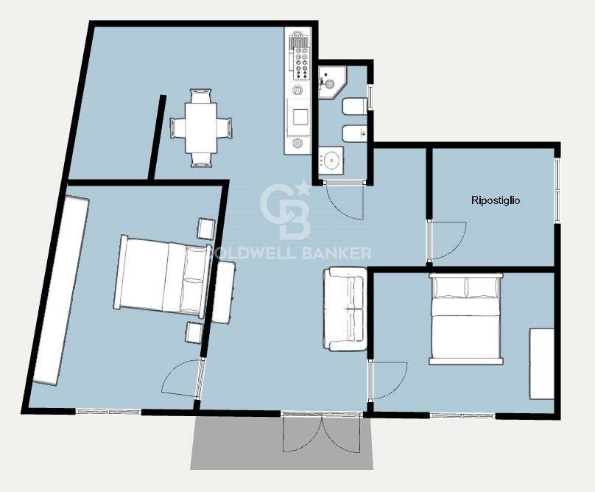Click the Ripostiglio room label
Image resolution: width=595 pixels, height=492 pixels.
tap(495, 200)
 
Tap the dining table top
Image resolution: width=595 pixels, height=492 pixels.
tap(201, 127)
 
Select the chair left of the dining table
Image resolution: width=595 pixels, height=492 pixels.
tap(177, 128)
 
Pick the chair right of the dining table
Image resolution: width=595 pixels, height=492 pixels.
tap(225, 128)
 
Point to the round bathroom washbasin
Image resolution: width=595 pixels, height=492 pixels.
tap(331, 161)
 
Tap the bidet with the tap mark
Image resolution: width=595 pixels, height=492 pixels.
tap(355, 133)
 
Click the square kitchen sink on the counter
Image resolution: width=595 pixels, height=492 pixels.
tap(300, 117)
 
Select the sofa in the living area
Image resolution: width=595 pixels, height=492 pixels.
tap(345, 309)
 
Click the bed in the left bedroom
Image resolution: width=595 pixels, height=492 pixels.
tap(163, 276)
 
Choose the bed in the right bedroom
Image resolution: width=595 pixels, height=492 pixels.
tap(466, 319)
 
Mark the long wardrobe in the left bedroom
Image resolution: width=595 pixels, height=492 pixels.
tap(60, 290)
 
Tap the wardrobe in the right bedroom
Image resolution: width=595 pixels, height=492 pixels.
tap(542, 364)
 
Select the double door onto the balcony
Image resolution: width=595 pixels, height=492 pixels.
tap(321, 434)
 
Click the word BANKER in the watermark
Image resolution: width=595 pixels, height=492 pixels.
tap(337, 253)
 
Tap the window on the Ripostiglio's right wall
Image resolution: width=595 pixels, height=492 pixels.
tap(556, 190)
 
